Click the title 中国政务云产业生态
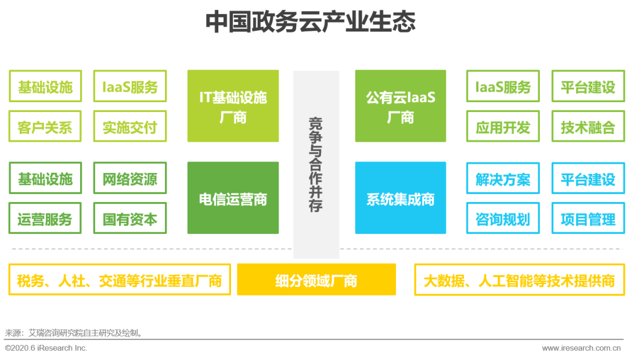coord(311,22)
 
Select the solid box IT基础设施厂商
coord(233,106)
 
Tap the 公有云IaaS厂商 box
coord(401,106)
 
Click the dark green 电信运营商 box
coord(233,198)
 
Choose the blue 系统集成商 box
coord(401,198)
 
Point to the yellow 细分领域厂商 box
coord(316,280)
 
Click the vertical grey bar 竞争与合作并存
coord(316,164)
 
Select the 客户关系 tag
coord(45,127)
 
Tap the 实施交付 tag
coord(130,127)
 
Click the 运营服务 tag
coord(45,218)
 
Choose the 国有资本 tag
coord(130,218)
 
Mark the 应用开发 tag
coord(503,127)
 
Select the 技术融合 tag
coord(588,127)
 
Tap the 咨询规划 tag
coord(503,218)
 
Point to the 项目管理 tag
coord(588,218)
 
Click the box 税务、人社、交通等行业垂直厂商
coord(120,280)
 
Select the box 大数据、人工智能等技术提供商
coord(519,280)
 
